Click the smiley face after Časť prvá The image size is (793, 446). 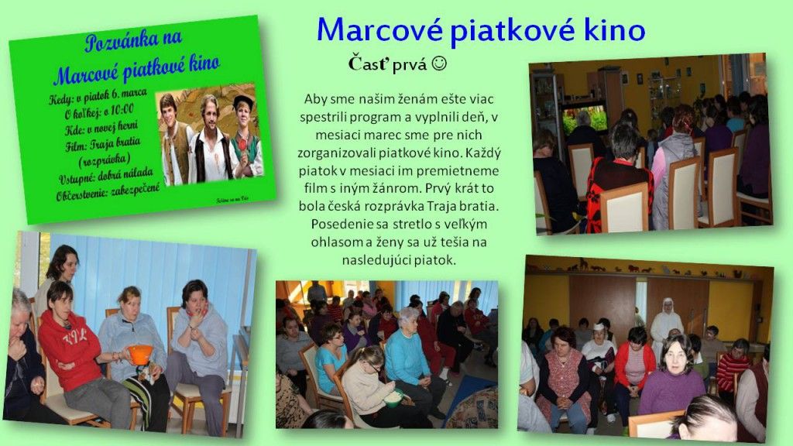point(439,64)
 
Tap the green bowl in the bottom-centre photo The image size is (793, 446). point(393,399)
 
